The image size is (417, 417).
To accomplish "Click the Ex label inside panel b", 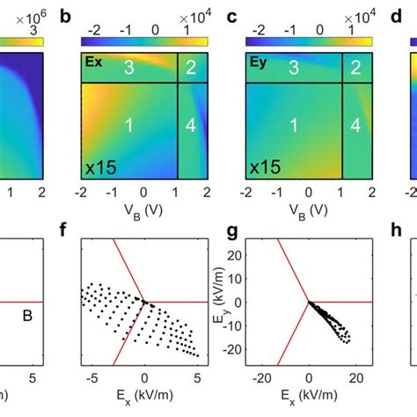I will coord(93,63).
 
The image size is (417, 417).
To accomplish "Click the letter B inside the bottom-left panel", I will coord(27,311).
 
